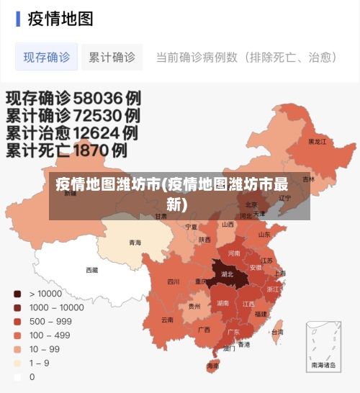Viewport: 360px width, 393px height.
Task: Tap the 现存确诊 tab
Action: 47,57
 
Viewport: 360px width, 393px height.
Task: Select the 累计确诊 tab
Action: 112,57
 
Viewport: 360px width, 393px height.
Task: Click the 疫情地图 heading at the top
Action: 60,19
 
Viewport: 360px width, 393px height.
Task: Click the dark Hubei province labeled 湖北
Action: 227,274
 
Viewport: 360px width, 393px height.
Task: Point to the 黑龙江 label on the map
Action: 317,142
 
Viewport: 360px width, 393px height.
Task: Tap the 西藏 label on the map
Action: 92,271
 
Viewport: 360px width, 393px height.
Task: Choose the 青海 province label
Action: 135,243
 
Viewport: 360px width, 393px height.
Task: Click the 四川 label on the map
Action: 174,282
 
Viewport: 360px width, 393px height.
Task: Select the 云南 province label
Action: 167,319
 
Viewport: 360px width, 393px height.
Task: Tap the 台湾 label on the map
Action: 277,332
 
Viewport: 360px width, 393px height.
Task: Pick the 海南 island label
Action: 213,366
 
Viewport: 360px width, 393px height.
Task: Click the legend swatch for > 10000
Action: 17,294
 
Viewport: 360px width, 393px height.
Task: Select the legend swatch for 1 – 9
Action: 17,363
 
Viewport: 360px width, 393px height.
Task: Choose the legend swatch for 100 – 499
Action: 17,335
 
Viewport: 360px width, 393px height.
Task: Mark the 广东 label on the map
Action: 233,333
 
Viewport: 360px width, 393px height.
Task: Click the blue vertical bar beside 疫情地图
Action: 17,19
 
